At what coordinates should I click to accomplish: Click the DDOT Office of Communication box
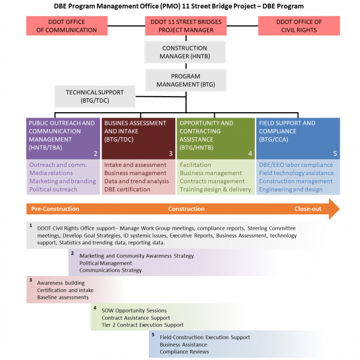[67, 26]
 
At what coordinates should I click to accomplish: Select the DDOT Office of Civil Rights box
[299, 26]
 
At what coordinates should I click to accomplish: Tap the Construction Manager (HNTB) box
[185, 52]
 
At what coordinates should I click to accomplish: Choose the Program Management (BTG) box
[186, 80]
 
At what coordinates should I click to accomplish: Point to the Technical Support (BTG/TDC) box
[95, 97]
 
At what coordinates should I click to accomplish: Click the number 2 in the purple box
[95, 154]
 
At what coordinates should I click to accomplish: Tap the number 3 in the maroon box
[170, 154]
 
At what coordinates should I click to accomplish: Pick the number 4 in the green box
[250, 154]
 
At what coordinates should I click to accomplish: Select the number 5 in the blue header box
[335, 154]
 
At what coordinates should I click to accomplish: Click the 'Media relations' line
[51, 173]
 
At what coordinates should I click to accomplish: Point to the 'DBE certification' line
[127, 190]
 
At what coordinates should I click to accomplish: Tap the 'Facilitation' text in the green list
[195, 165]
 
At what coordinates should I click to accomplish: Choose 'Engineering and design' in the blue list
[290, 190]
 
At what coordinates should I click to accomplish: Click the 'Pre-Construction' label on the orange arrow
[55, 209]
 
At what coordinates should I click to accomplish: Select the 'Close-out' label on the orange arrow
[308, 209]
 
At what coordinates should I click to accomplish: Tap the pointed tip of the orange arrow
[340, 209]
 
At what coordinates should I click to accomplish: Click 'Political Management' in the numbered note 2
[106, 263]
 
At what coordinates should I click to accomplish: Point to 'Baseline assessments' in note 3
[62, 298]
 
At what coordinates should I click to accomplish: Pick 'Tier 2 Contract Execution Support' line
[142, 325]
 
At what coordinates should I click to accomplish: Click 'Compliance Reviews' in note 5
[184, 352]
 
